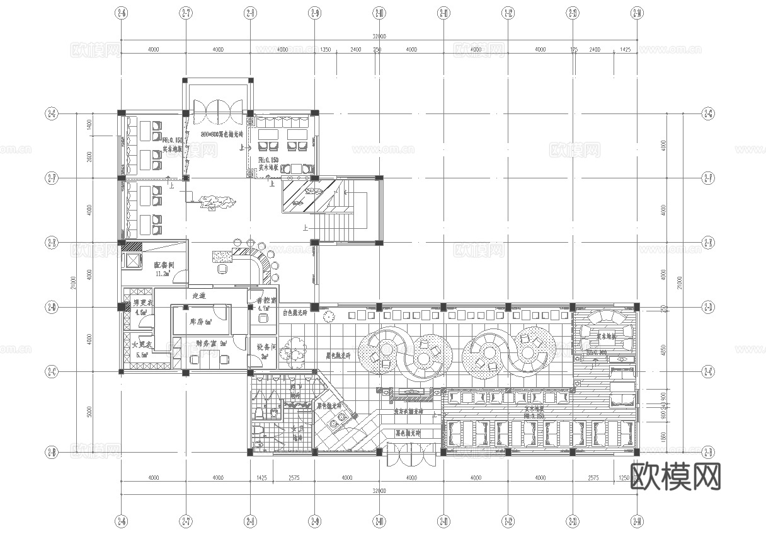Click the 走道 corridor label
tap(199, 295)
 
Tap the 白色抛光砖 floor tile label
tap(295, 313)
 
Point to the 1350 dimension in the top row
tap(326, 49)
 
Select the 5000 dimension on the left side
tap(90, 412)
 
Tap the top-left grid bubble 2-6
tap(121, 12)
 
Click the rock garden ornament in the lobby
tap(216, 202)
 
